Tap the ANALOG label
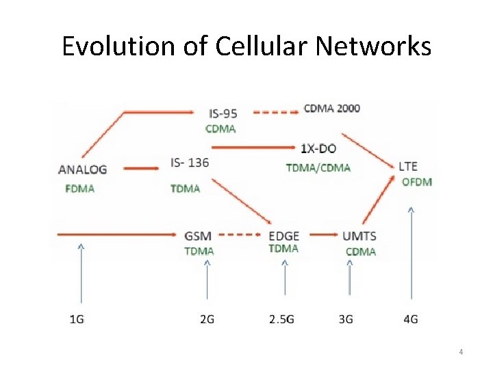[x=83, y=169]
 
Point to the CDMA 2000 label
[x=332, y=108]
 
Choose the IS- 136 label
[x=190, y=163]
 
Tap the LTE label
[x=407, y=166]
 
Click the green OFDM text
[x=416, y=182]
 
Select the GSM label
[x=198, y=236]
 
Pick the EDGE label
[x=283, y=236]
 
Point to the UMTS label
[x=359, y=236]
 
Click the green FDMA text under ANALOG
[x=80, y=189]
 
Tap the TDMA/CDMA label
[x=318, y=167]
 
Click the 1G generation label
[x=77, y=319]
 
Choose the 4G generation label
[x=411, y=319]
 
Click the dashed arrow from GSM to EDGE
[x=240, y=235]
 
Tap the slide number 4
[x=461, y=352]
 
